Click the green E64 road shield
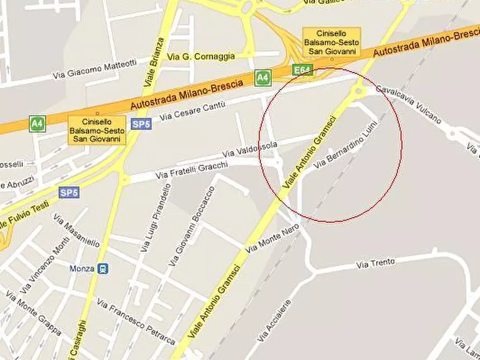tap(302, 70)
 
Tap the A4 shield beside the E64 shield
tap(262, 78)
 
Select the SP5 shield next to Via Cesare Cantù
tap(141, 124)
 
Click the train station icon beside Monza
tap(103, 269)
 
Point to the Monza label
tap(82, 269)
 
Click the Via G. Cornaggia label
tap(201, 56)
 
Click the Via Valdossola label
tap(249, 149)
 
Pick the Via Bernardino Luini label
tap(346, 146)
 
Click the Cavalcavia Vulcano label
tap(409, 104)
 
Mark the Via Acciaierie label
tap(275, 320)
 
